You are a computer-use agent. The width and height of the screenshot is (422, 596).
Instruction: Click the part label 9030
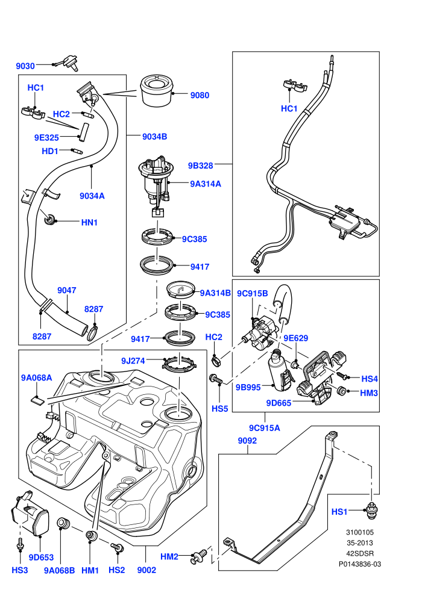click(25, 66)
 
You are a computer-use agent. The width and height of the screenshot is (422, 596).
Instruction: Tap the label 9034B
click(154, 137)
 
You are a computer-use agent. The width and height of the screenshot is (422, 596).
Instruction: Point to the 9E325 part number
click(46, 138)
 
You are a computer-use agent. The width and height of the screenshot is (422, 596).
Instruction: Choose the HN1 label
click(89, 222)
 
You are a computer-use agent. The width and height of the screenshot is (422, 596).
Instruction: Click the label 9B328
click(201, 166)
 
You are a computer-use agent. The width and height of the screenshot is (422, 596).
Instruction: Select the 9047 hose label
click(66, 290)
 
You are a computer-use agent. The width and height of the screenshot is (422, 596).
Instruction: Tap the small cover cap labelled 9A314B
click(181, 290)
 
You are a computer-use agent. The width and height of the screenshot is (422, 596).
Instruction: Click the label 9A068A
click(37, 378)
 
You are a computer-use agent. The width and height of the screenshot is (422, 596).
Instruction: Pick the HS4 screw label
click(369, 379)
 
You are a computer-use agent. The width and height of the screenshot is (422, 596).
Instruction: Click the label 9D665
click(279, 403)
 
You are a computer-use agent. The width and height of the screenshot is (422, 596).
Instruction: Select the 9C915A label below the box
click(265, 428)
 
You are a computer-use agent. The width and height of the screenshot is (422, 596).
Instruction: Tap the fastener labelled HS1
click(371, 511)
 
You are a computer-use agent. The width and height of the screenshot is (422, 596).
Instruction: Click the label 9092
click(247, 441)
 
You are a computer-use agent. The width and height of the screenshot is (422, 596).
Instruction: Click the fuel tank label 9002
click(146, 570)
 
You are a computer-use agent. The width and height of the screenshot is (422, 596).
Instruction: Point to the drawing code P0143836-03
click(360, 565)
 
